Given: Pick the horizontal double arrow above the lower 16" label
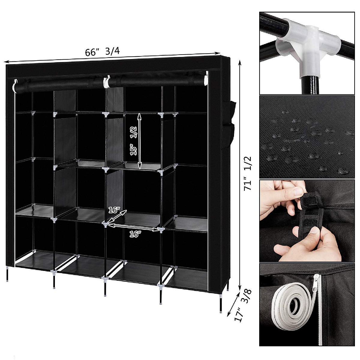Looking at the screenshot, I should [133, 227].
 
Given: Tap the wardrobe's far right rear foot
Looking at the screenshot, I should [221, 309].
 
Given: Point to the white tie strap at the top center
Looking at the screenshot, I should [106, 82].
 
